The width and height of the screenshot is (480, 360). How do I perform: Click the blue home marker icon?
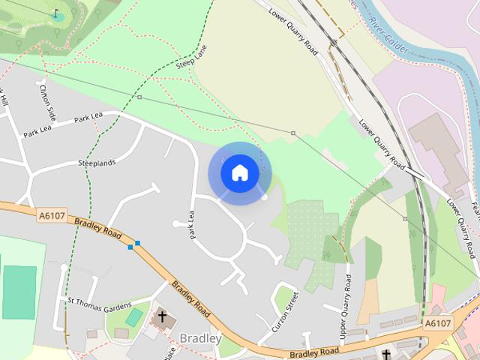pos(239,173)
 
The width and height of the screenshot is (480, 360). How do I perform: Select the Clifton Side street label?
pos(47,103)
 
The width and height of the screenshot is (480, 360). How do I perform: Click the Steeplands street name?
pos(97,163)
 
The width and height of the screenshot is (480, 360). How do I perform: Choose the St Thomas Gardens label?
pos(99,303)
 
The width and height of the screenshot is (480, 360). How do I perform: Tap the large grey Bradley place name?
pos(200,338)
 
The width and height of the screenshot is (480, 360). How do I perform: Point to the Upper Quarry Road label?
pos(346,305)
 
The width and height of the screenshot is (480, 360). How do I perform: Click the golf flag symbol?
pos(56,13)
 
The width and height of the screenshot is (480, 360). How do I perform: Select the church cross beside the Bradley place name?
pos(162,317)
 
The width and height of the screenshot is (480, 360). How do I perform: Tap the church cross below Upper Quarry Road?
pos(386,353)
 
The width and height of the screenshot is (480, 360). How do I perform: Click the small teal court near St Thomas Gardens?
pos(134,318)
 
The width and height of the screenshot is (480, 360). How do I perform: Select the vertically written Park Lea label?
pos(192,225)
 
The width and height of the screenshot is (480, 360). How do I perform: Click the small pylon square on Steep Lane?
pos(139,97)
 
